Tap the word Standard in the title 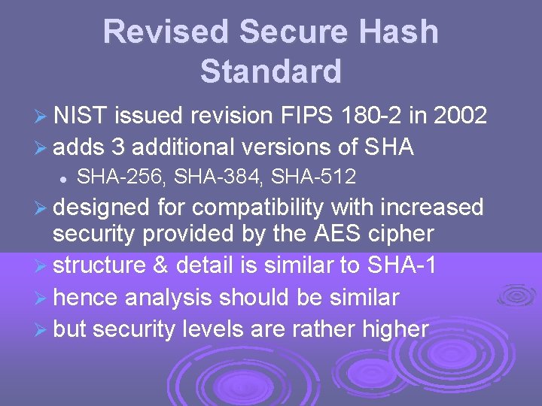[x=271, y=71]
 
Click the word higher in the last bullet [x=393, y=329]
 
